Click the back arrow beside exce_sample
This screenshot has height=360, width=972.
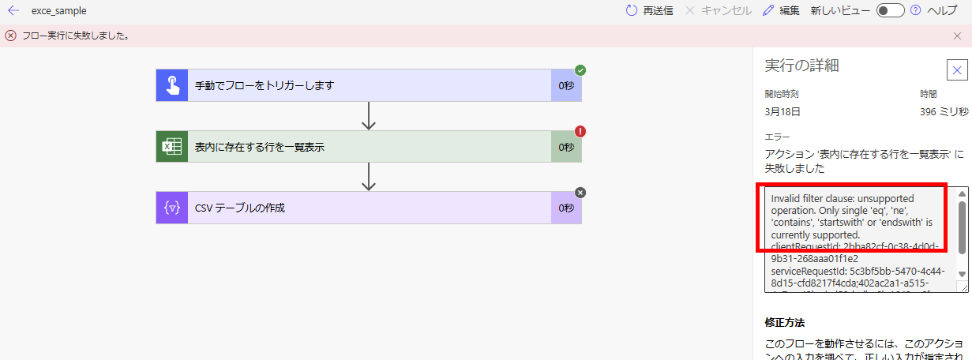13,11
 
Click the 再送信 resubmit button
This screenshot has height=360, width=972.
649,11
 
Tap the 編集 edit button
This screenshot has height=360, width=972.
781,11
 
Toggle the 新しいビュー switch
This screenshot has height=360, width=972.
890,11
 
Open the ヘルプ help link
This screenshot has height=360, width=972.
941,11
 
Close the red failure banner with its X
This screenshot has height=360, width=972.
957,36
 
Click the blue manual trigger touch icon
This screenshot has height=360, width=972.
171,85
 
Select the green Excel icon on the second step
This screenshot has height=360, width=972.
171,147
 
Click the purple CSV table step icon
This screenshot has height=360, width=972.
171,208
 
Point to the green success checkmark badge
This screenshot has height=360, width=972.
580,70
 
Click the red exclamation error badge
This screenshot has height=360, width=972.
580,132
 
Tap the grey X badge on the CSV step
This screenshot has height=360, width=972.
580,193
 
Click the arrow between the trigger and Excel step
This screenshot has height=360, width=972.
368,116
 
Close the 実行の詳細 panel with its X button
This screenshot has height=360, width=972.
957,70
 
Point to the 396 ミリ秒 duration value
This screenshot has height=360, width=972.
944,112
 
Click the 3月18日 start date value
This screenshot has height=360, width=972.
782,112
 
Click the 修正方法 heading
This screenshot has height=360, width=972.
784,322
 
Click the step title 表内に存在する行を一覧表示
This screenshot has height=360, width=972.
260,147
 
